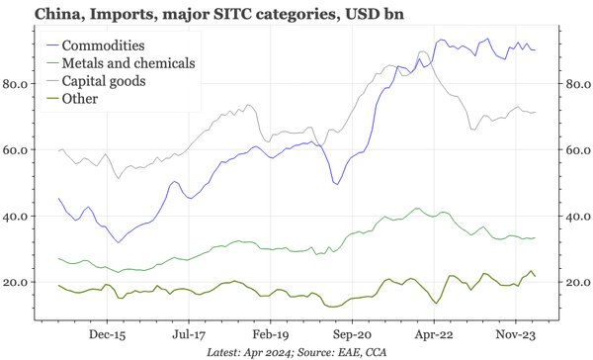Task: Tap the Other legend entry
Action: coord(81,98)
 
